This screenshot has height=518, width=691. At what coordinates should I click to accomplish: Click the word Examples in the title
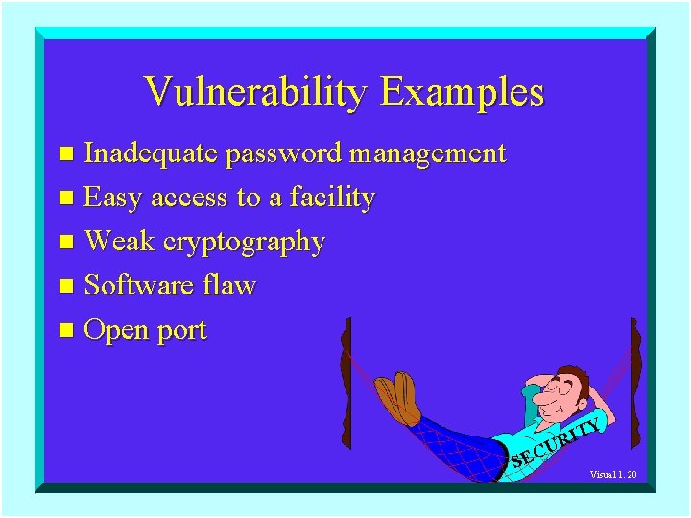click(462, 92)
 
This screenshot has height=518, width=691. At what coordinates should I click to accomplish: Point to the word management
click(428, 153)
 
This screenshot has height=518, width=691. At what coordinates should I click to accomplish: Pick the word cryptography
click(245, 242)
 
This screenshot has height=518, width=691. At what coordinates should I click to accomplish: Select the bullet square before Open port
click(65, 331)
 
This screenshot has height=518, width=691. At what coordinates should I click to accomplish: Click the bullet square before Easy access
click(65, 199)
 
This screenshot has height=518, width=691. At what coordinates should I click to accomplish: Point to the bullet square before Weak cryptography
click(65, 243)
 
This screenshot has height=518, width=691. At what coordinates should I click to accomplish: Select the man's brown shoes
click(396, 398)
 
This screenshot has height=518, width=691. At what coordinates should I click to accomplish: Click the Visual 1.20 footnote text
click(613, 475)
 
